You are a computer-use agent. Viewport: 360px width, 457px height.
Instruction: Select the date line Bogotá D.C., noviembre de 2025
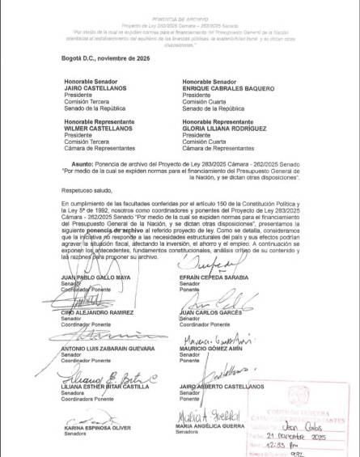point(106,58)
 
